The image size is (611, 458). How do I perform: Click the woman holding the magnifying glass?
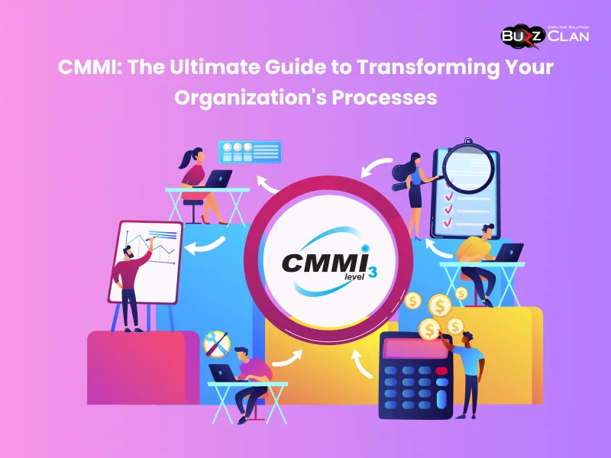415,195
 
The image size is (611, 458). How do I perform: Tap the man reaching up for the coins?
468,366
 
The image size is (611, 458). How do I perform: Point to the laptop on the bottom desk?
225,372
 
